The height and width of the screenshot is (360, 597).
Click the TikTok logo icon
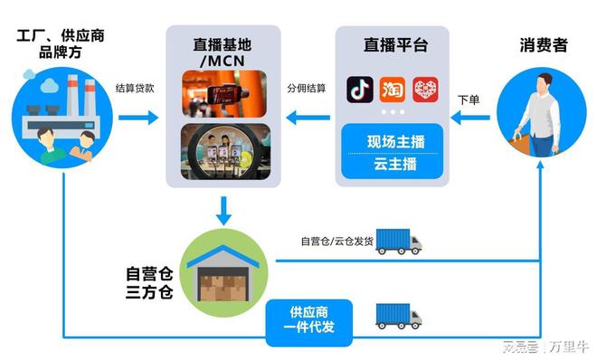pyautogui.click(x=360, y=90)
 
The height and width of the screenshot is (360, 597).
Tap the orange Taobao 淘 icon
pyautogui.click(x=392, y=90)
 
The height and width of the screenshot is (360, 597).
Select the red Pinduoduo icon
pyautogui.click(x=425, y=90)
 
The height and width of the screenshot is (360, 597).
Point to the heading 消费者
pyautogui.click(x=543, y=44)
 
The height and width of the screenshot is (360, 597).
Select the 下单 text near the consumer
pyautogui.click(x=468, y=99)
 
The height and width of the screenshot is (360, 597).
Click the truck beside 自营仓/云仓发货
pyautogui.click(x=398, y=241)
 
